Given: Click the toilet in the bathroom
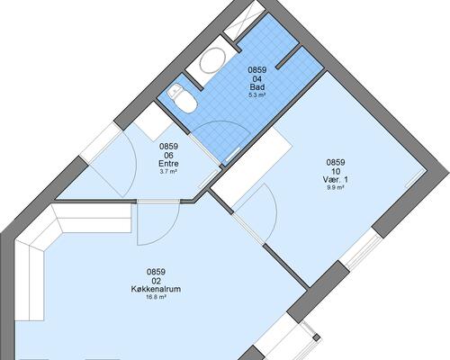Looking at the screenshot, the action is coord(183,98).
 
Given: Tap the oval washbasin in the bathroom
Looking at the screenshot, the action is coord(212,60).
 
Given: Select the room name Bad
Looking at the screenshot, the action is coord(257,87).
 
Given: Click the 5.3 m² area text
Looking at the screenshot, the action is coord(257,95).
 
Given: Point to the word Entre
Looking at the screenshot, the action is coord(168,164).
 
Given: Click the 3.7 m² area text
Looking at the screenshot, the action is coord(168,172).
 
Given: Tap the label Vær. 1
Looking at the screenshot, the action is coord(336,180).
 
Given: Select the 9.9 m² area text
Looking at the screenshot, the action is coord(336,188).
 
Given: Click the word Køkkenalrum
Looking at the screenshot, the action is coord(156,289).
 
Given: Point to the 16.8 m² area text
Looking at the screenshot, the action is coord(156,297).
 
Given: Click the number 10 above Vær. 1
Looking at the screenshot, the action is coord(336,172).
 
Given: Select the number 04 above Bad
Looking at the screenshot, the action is coord(257,79).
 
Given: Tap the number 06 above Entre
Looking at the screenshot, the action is coord(168,156).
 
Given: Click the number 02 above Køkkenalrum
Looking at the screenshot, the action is coord(156,281).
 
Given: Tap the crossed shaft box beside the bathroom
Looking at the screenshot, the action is coord(245,21).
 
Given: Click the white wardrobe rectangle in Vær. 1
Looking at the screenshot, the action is coord(252,167).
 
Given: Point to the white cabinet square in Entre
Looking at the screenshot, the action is coord(153,121).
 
